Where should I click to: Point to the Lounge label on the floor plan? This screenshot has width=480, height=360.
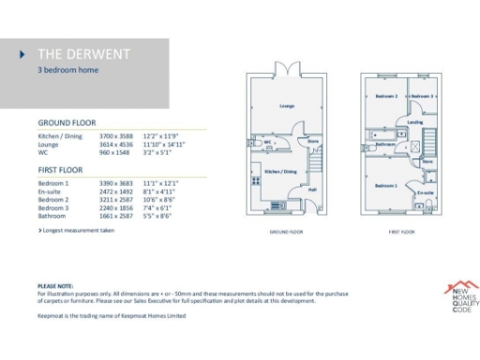(x=286, y=106)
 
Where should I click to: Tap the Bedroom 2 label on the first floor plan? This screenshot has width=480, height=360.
(x=386, y=97)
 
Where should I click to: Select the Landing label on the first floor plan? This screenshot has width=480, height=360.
(x=415, y=122)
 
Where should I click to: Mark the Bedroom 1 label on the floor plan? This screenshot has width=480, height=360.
(x=386, y=186)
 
